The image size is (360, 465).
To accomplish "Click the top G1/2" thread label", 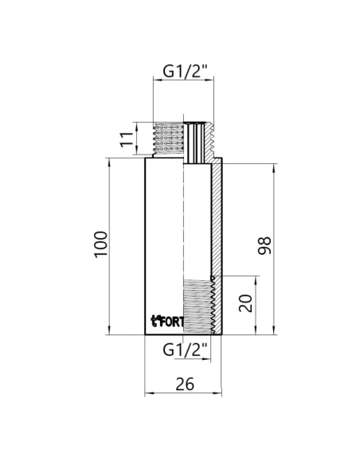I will click(185, 70).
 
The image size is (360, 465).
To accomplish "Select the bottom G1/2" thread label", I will click(185, 349).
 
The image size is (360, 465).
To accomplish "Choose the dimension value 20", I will click(245, 304).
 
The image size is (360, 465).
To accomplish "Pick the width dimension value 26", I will click(185, 383).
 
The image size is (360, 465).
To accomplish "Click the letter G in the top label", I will click(169, 70).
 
